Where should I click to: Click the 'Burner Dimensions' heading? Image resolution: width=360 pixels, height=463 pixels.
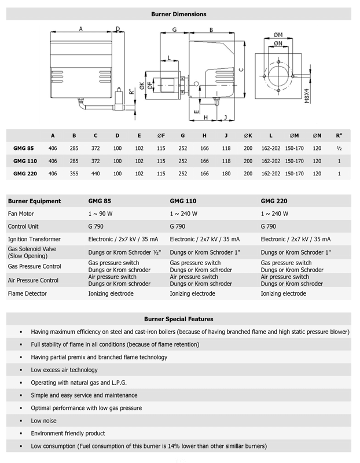[178, 14]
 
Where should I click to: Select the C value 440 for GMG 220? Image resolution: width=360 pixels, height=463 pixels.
[95, 173]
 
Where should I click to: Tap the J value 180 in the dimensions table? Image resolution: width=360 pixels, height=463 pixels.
[226, 173]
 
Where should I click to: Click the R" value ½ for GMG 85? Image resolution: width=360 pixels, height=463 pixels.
[339, 148]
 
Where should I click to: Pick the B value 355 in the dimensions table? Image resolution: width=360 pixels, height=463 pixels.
[74, 173]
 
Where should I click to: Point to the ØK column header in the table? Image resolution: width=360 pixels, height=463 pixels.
[248, 136]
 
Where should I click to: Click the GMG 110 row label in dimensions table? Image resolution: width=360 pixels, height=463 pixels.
[24, 161]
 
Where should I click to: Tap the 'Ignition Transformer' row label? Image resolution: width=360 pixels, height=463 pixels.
[34, 239]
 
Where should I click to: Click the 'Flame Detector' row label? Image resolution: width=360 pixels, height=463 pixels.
[27, 293]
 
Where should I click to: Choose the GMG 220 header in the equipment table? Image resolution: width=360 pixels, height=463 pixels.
[274, 201]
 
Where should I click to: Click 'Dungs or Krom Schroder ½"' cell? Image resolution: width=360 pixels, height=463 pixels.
[120, 252]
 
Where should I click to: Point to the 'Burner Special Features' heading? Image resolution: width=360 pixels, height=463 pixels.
[178, 319]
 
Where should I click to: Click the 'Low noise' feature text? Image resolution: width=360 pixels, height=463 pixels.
[44, 421]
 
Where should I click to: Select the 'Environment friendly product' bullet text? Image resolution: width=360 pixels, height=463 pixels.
[68, 433]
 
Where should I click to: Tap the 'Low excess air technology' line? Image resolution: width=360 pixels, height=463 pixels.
[64, 370]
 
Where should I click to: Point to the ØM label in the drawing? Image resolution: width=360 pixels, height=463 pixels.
[278, 35]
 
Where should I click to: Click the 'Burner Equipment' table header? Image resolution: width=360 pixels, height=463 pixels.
[34, 201]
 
